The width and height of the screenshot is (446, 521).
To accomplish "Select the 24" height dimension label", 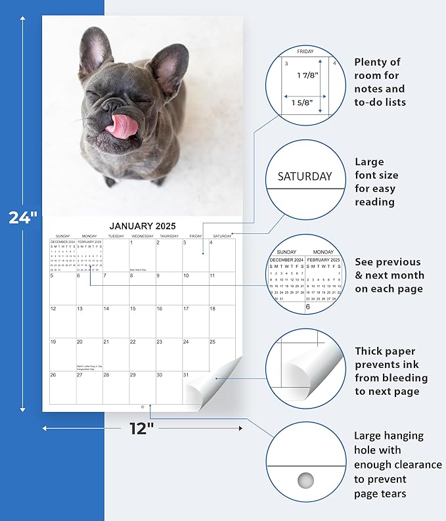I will pyautogui.click(x=22, y=217).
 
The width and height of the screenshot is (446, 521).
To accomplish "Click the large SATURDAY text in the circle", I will pyautogui.click(x=305, y=176).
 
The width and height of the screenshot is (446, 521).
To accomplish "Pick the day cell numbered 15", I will pyautogui.click(x=143, y=321).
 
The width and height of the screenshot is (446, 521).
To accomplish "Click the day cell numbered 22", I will pyautogui.click(x=143, y=354).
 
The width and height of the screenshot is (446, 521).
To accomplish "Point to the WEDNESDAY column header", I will pyautogui.click(x=143, y=236).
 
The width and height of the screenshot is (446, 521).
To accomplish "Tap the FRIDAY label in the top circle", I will pyautogui.click(x=305, y=51).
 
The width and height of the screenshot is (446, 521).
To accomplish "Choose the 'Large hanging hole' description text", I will pyautogui.click(x=397, y=464).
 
